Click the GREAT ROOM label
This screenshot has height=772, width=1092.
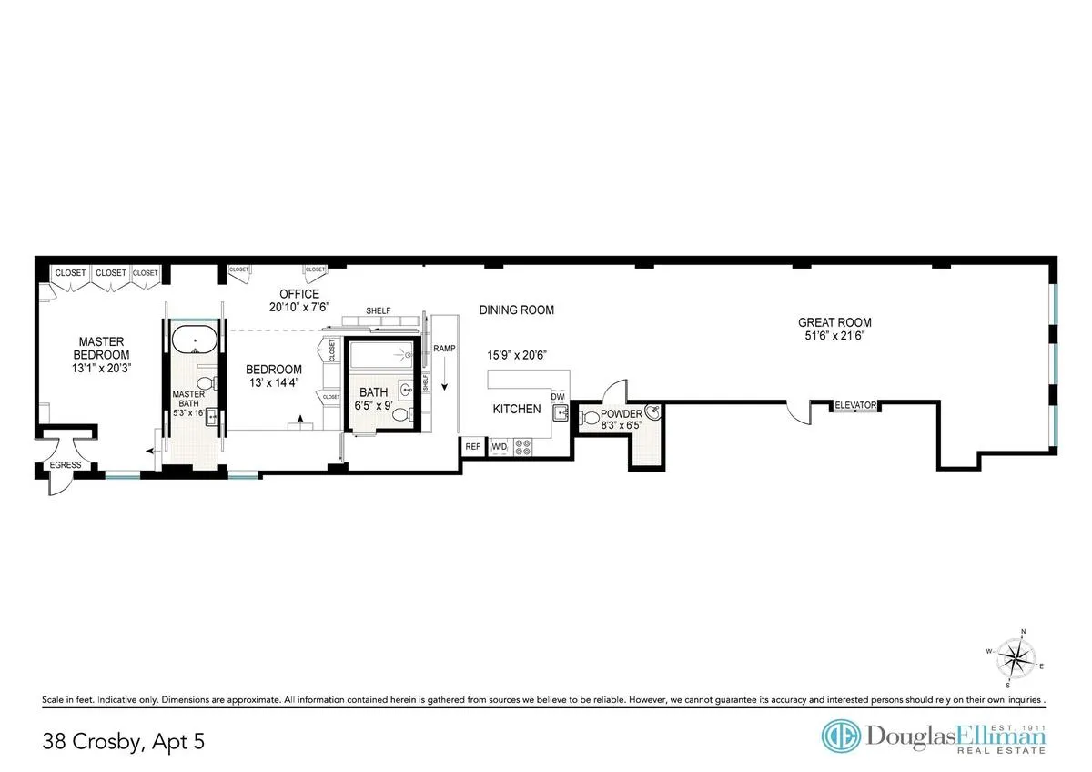pyautogui.click(x=834, y=322)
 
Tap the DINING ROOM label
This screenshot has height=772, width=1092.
pyautogui.click(x=517, y=310)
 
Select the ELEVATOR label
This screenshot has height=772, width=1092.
pyautogui.click(x=855, y=406)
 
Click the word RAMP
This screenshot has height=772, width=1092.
pyautogui.click(x=444, y=349)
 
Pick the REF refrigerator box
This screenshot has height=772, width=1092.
pyautogui.click(x=473, y=447)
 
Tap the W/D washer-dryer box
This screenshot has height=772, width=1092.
pyautogui.click(x=499, y=447)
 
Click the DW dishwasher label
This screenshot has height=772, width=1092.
pyautogui.click(x=558, y=397)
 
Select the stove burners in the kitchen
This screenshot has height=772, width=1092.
pyautogui.click(x=524, y=447)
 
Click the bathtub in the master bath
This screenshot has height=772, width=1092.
pyautogui.click(x=193, y=342)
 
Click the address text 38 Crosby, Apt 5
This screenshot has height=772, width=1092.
pyautogui.click(x=123, y=742)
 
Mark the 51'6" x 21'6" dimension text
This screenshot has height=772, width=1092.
pyautogui.click(x=834, y=337)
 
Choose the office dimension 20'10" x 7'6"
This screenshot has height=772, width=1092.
pyautogui.click(x=299, y=307)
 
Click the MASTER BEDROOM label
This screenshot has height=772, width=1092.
pyautogui.click(x=102, y=349)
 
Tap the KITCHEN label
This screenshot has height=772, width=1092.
pyautogui.click(x=517, y=410)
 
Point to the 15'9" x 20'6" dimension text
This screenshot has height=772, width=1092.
pyautogui.click(x=517, y=355)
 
